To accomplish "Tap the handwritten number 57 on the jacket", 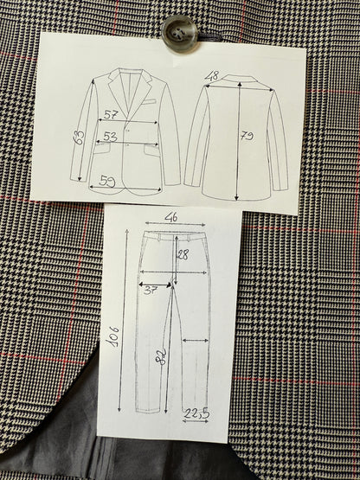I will coord(112,114).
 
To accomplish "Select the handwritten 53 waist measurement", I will coord(110,136).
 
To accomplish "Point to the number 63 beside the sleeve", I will coord(79,137).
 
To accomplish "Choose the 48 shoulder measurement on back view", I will coord(212,75).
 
